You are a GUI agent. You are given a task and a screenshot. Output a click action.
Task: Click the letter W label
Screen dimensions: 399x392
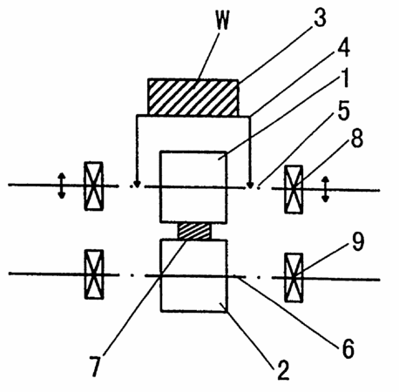pos(223,20)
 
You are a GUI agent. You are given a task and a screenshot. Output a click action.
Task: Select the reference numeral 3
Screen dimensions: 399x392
pos(320,18)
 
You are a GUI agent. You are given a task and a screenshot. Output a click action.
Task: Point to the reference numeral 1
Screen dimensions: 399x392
pos(345,78)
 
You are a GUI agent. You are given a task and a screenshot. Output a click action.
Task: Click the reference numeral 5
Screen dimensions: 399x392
pos(344,111)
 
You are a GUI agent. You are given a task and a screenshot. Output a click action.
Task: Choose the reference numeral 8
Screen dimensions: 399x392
pos(357,139)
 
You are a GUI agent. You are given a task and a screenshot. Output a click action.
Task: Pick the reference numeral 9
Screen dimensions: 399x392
pos(358,241)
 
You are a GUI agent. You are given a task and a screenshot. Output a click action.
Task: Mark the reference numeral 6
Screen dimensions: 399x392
pos(348,348)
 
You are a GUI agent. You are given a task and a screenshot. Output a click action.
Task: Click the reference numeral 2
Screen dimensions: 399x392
pos(283,370)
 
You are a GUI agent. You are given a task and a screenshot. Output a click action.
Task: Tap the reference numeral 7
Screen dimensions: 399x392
pos(96,367)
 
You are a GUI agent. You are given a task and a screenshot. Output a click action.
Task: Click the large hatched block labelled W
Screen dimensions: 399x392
pos(193,98)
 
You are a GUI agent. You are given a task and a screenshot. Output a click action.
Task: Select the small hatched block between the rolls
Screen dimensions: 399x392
pos(194,231)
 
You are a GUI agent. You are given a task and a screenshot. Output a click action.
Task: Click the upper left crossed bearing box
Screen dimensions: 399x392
pos(93,186)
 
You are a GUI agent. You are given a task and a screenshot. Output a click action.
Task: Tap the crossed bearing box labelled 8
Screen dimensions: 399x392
pos(294,189)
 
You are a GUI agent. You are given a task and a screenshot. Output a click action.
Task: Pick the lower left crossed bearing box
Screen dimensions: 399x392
pos(94,274)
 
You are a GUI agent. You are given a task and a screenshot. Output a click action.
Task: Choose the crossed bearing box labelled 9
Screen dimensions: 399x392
pos(294,278)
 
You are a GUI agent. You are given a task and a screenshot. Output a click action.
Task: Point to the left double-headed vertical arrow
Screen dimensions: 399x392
pos(61,186)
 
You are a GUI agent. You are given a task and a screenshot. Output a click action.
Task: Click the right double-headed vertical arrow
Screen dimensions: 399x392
pos(326,189)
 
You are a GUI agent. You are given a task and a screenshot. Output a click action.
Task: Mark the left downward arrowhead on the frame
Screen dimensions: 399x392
pos(138,185)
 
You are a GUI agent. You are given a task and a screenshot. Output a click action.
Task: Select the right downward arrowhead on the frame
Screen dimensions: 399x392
pos(249,185)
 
